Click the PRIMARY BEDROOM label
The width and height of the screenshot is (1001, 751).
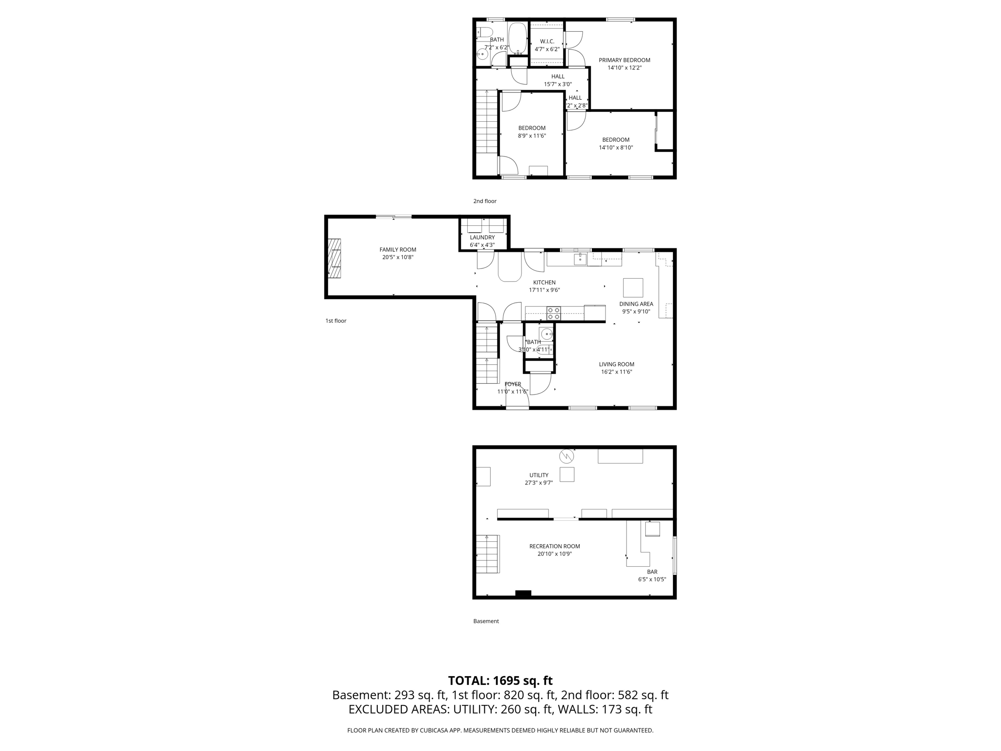(x=624, y=60)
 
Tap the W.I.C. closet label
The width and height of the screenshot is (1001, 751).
(x=547, y=42)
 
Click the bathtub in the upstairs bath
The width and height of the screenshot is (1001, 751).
(x=517, y=38)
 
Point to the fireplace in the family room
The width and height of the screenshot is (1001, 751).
(x=334, y=258)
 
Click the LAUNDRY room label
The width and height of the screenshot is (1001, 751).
(x=482, y=238)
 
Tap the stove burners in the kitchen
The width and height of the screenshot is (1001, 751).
(x=554, y=313)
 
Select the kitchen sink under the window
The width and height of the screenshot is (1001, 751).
(x=580, y=259)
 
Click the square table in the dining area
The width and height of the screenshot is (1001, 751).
(x=633, y=287)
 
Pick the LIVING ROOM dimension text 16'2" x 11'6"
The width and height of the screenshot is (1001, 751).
(x=617, y=372)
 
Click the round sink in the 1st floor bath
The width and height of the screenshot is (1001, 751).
(x=546, y=334)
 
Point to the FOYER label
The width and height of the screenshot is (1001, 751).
(x=513, y=384)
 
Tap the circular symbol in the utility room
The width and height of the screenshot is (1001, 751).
(x=566, y=456)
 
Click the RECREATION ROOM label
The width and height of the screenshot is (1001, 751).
(x=555, y=547)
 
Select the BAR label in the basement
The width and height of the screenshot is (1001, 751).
(x=652, y=572)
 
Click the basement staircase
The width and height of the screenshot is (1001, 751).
(x=487, y=554)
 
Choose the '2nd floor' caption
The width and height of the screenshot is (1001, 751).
(x=485, y=201)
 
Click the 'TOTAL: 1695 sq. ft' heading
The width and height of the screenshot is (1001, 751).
(x=500, y=681)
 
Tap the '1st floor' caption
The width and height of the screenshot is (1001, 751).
(x=336, y=321)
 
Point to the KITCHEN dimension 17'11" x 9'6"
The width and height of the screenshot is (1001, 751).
(x=544, y=290)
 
